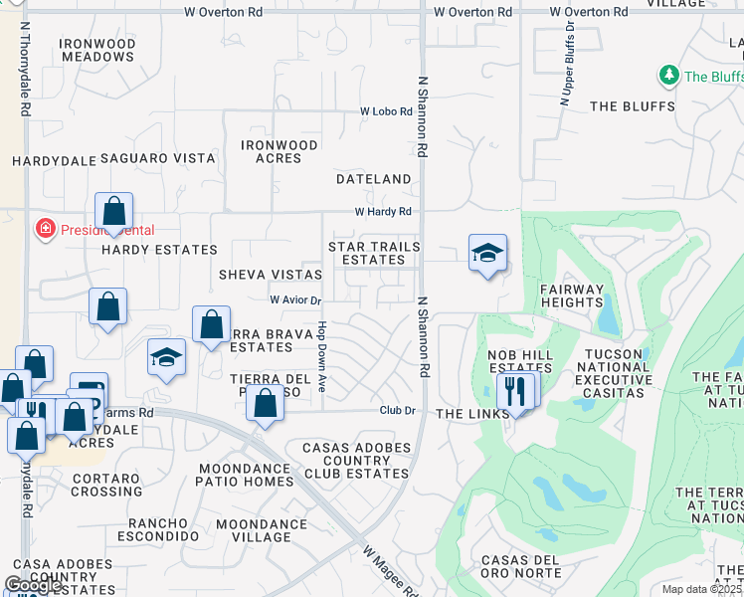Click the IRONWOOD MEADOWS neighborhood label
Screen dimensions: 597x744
click(x=96, y=51)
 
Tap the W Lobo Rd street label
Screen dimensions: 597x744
click(x=386, y=111)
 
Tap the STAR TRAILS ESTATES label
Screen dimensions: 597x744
click(x=374, y=253)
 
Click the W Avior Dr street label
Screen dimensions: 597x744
click(x=295, y=299)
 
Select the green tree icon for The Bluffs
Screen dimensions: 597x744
click(x=669, y=76)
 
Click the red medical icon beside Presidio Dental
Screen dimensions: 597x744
click(x=45, y=230)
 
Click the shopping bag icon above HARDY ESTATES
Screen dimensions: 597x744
click(x=114, y=212)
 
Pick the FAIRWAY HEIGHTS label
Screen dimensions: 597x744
click(x=572, y=298)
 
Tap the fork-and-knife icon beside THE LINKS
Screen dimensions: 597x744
click(x=514, y=391)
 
